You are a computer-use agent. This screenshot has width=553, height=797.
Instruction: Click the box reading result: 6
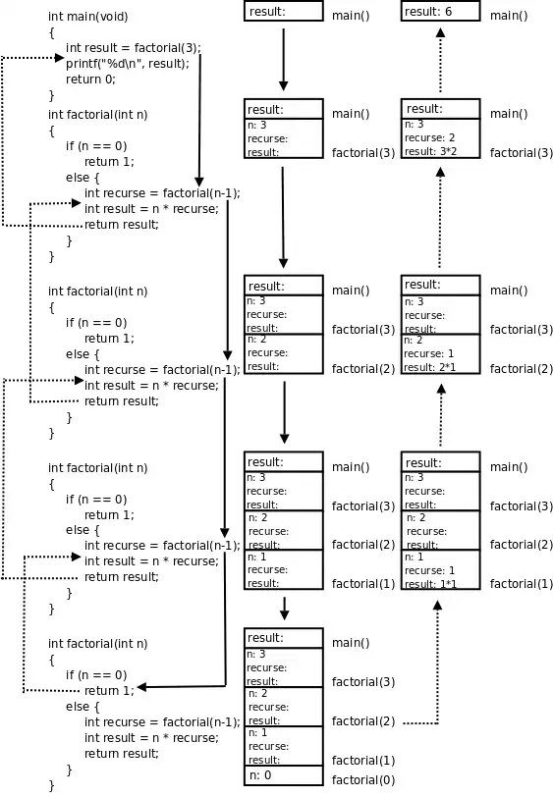(x=441, y=12)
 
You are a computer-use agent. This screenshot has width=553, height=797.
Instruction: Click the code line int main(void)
(x=88, y=17)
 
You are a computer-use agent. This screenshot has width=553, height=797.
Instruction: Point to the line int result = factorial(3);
(x=133, y=48)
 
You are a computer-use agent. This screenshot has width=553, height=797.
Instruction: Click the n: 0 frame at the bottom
(x=284, y=775)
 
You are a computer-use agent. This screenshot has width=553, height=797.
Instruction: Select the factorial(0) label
(x=363, y=780)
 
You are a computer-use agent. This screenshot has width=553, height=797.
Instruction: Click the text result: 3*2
(x=430, y=152)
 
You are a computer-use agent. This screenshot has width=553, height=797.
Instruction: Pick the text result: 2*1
(x=430, y=367)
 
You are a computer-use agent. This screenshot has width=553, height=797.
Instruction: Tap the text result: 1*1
(x=430, y=584)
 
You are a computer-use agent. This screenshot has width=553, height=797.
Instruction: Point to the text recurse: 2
(x=430, y=138)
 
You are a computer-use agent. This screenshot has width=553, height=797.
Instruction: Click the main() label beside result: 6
(x=509, y=16)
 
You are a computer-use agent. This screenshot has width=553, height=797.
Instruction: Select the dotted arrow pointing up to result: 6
(x=440, y=59)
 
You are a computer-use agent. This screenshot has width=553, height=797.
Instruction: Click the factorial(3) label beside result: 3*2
(x=522, y=153)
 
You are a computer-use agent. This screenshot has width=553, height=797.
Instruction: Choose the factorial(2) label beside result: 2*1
(x=522, y=369)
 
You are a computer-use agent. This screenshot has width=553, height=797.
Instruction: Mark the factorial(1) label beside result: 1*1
(x=522, y=584)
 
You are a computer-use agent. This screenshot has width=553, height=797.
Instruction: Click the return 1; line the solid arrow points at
(x=109, y=691)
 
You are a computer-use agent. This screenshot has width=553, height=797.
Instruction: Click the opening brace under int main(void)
(x=52, y=32)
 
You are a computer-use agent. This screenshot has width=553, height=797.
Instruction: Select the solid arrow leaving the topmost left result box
(x=283, y=59)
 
